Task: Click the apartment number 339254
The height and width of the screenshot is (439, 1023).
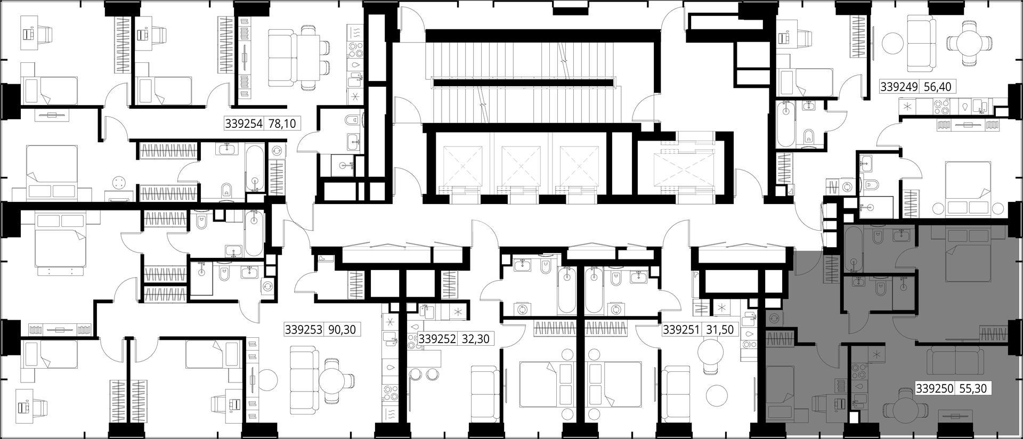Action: [x=244, y=124]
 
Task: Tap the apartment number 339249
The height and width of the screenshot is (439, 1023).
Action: [x=899, y=87]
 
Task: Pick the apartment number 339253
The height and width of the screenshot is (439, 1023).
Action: [x=304, y=330]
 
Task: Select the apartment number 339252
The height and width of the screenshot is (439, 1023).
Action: [x=437, y=339]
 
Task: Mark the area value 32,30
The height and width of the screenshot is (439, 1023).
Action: [x=475, y=339]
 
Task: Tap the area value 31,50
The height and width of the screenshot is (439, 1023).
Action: [x=720, y=330]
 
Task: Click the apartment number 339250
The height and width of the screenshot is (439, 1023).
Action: [x=935, y=389]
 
